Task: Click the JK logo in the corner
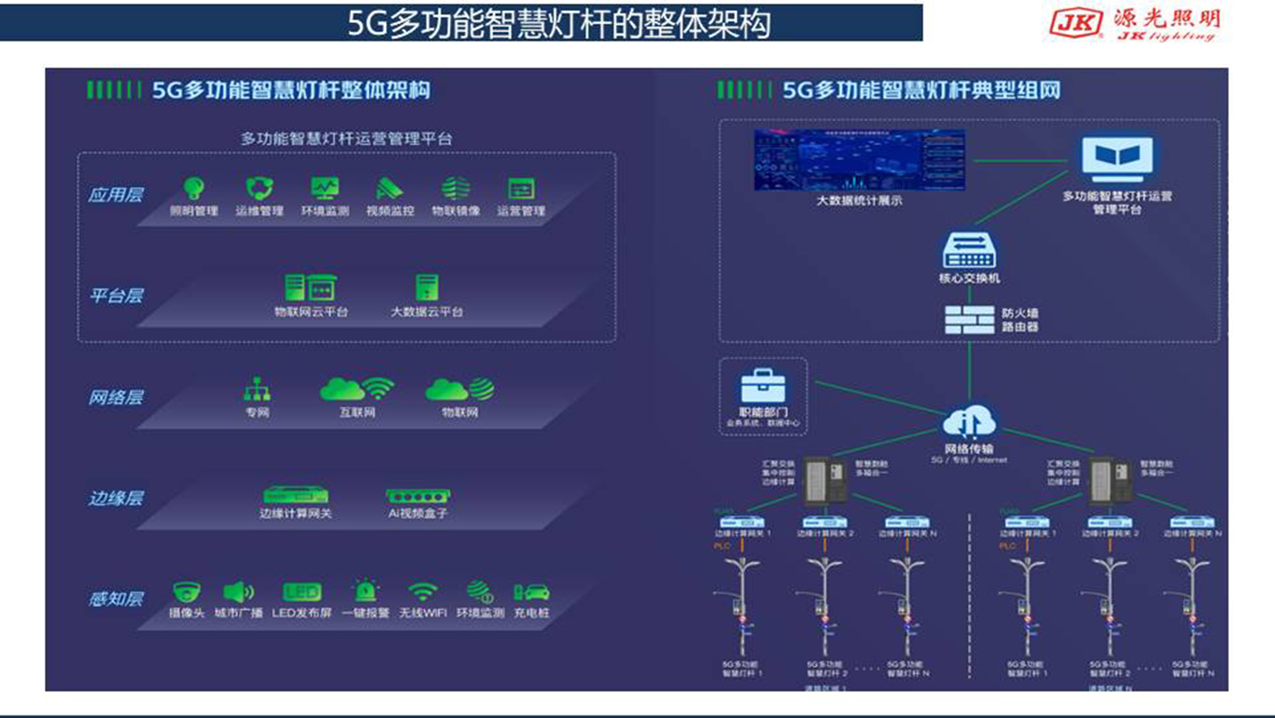coord(1076,23)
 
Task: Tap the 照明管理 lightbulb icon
coord(194,188)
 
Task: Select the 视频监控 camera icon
coord(389,188)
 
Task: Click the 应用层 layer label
coord(116,195)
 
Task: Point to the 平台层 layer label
coord(116,296)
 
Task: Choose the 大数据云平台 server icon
coord(427,288)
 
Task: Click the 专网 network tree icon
coord(257,390)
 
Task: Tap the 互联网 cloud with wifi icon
coord(357,389)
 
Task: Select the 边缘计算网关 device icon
coord(296,495)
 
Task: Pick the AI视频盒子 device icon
coord(418,495)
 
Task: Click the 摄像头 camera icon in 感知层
coord(186,592)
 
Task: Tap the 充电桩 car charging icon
coord(531,592)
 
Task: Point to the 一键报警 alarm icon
coord(365,590)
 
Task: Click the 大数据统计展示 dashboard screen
coord(859,161)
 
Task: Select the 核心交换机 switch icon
coord(969,251)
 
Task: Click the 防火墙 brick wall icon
coord(970,320)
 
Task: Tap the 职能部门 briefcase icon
coord(762,387)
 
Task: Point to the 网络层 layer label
coord(116,397)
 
